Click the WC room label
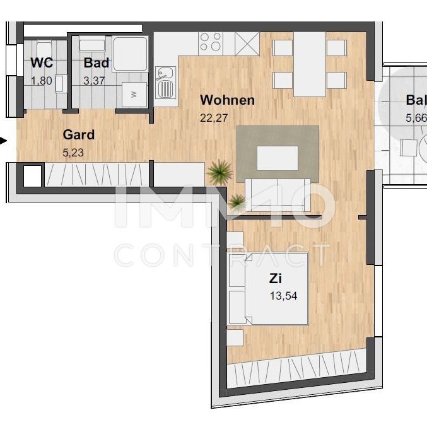41,63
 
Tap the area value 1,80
42,80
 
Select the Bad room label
97,63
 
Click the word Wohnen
227,100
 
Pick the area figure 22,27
213,117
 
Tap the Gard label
79,134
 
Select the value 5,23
73,151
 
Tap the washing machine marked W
134,94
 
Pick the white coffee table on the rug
278,158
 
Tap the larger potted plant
220,170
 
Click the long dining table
309,63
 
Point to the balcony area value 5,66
417,117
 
